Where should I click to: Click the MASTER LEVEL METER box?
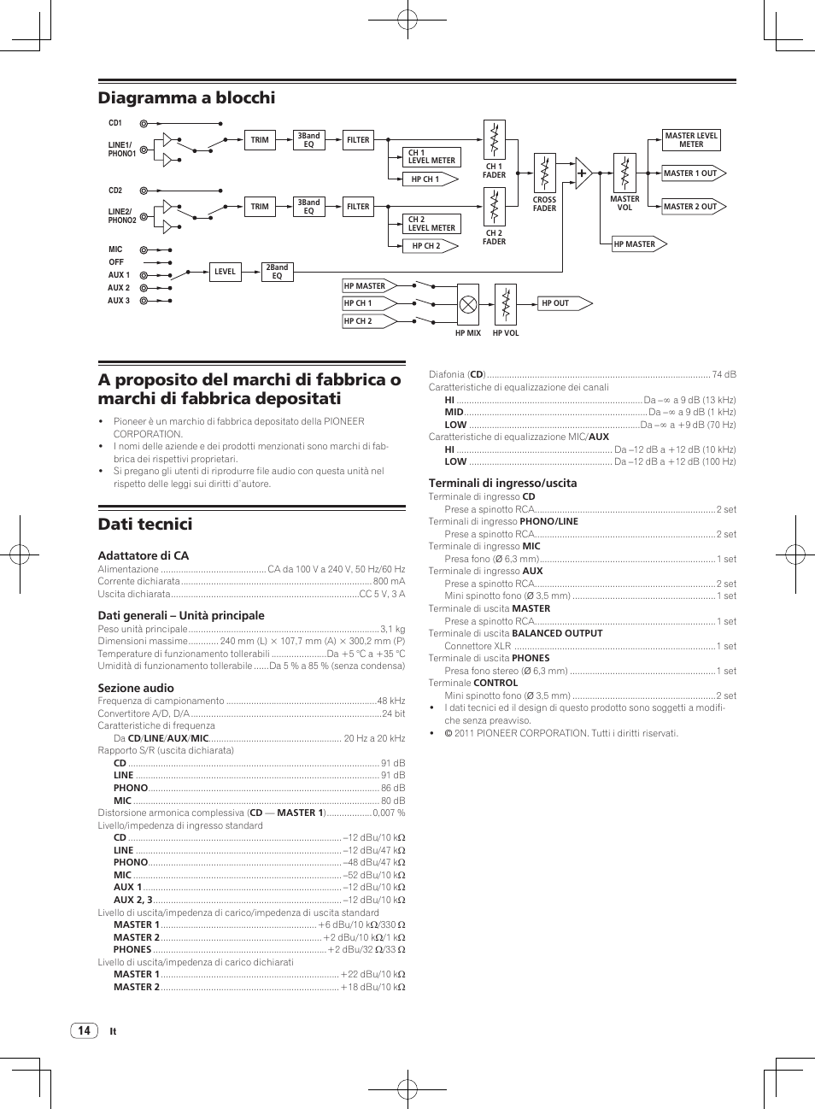pos(691,140)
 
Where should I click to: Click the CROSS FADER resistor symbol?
pos(544,173)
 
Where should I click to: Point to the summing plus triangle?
pos(583,173)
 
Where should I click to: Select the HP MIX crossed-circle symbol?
pos(468,304)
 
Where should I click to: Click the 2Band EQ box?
pos(277,272)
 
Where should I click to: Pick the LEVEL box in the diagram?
pos(225,272)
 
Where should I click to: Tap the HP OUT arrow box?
pos(565,303)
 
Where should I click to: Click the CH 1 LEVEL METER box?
pos(431,157)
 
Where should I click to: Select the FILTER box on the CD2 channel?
pos(358,207)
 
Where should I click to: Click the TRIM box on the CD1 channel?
pos(260,140)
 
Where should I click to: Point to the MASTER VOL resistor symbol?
pos(624,173)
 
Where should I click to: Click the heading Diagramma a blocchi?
pos(186,98)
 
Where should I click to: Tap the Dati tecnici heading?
pos(145,525)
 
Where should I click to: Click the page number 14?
pos(84,1030)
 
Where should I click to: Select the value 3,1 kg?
pos(392,629)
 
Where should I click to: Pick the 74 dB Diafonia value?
pos(724,374)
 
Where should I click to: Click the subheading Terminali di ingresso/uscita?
pos(502,484)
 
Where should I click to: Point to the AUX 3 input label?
pos(119,301)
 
